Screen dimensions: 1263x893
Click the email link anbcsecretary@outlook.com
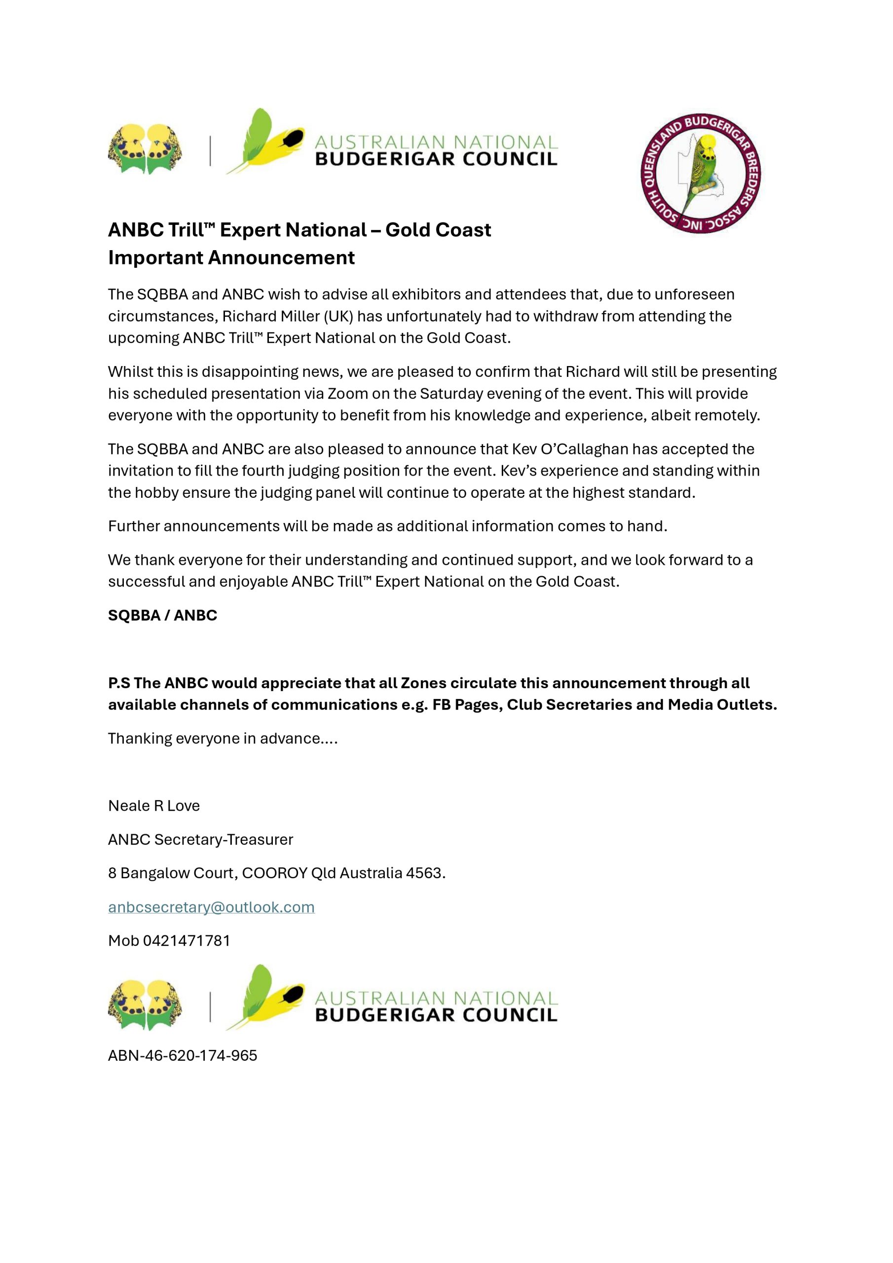tap(211, 907)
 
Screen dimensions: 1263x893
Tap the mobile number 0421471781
tap(186, 941)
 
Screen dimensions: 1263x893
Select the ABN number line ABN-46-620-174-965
tap(183, 1056)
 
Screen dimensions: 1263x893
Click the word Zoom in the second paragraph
tap(348, 393)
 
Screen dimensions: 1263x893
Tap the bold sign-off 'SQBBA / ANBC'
tap(162, 615)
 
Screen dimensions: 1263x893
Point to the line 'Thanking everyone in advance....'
tap(223, 738)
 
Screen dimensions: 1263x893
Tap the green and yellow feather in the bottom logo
tap(264, 997)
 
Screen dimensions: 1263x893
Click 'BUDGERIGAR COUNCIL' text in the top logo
tap(436, 159)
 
